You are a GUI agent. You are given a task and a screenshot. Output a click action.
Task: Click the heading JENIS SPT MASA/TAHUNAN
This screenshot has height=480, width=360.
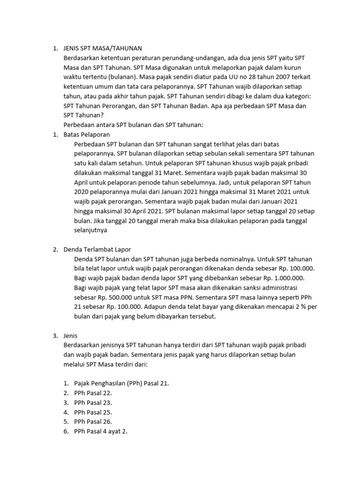(102, 48)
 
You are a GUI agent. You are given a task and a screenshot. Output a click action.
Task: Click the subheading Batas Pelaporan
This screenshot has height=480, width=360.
(86, 134)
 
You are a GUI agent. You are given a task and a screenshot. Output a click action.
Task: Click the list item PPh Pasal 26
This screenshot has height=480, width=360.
(93, 421)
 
